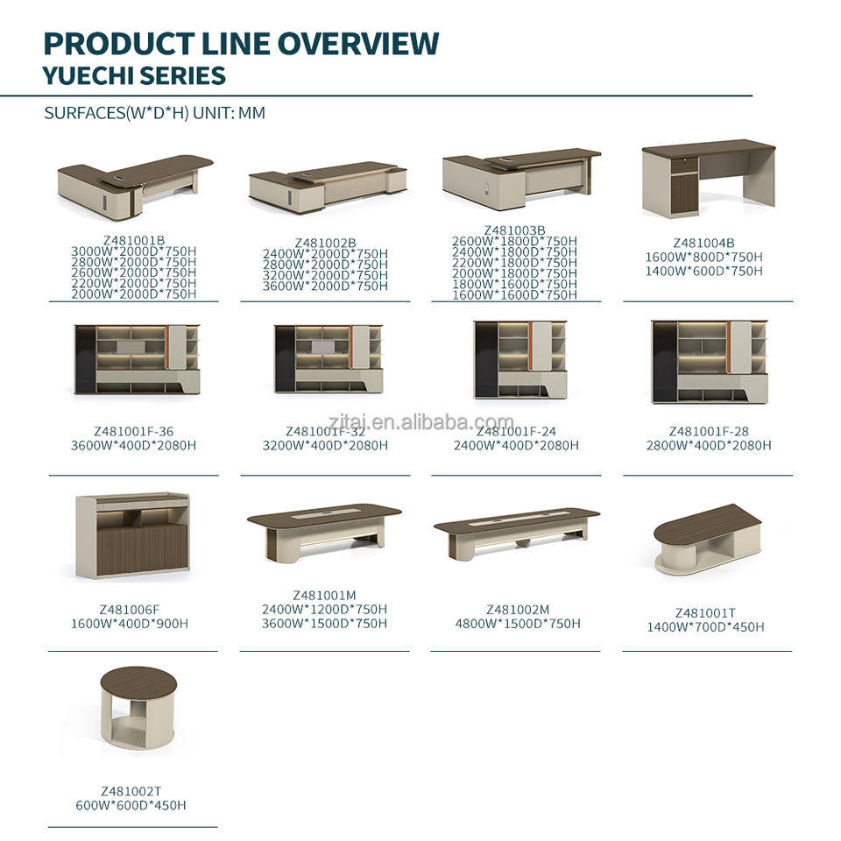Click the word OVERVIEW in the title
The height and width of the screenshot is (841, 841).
pyautogui.click(x=357, y=44)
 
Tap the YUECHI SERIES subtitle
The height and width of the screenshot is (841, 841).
pyautogui.click(x=134, y=75)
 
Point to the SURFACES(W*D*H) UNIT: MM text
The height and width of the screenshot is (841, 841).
pyautogui.click(x=154, y=113)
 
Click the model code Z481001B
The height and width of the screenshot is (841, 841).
pyautogui.click(x=134, y=240)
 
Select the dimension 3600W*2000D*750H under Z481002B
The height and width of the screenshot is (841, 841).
pyautogui.click(x=325, y=286)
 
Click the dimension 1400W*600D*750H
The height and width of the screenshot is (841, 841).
pyautogui.click(x=703, y=271)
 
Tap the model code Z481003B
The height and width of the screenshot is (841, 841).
pyautogui.click(x=515, y=230)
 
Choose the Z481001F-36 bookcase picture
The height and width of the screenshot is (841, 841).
pyautogui.click(x=137, y=359)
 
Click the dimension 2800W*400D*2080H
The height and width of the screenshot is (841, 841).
pyautogui.click(x=709, y=445)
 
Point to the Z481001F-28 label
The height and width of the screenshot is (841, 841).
pyautogui.click(x=709, y=431)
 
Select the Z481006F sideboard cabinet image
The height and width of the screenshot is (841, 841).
pyautogui.click(x=132, y=535)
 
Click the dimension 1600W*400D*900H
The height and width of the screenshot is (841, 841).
pyautogui.click(x=130, y=624)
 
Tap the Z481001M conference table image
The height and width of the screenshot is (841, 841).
pyautogui.click(x=324, y=534)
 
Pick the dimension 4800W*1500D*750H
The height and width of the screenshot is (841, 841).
pyautogui.click(x=518, y=624)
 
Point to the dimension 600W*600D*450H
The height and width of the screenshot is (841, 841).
pyautogui.click(x=131, y=805)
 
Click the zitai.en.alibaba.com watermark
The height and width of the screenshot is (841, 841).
pyautogui.click(x=420, y=422)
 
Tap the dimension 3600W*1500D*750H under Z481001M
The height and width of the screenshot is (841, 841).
pyautogui.click(x=324, y=623)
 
